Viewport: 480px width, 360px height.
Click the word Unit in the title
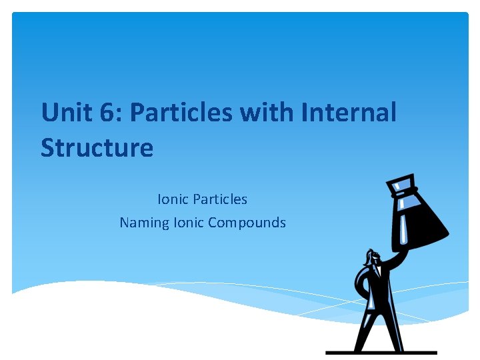[65, 113]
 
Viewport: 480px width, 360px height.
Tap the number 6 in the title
[106, 113]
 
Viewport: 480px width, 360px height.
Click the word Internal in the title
[349, 113]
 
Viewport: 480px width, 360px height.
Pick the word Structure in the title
[97, 147]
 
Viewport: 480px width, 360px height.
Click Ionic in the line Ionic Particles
[173, 199]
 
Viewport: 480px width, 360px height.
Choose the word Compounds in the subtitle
[247, 223]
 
